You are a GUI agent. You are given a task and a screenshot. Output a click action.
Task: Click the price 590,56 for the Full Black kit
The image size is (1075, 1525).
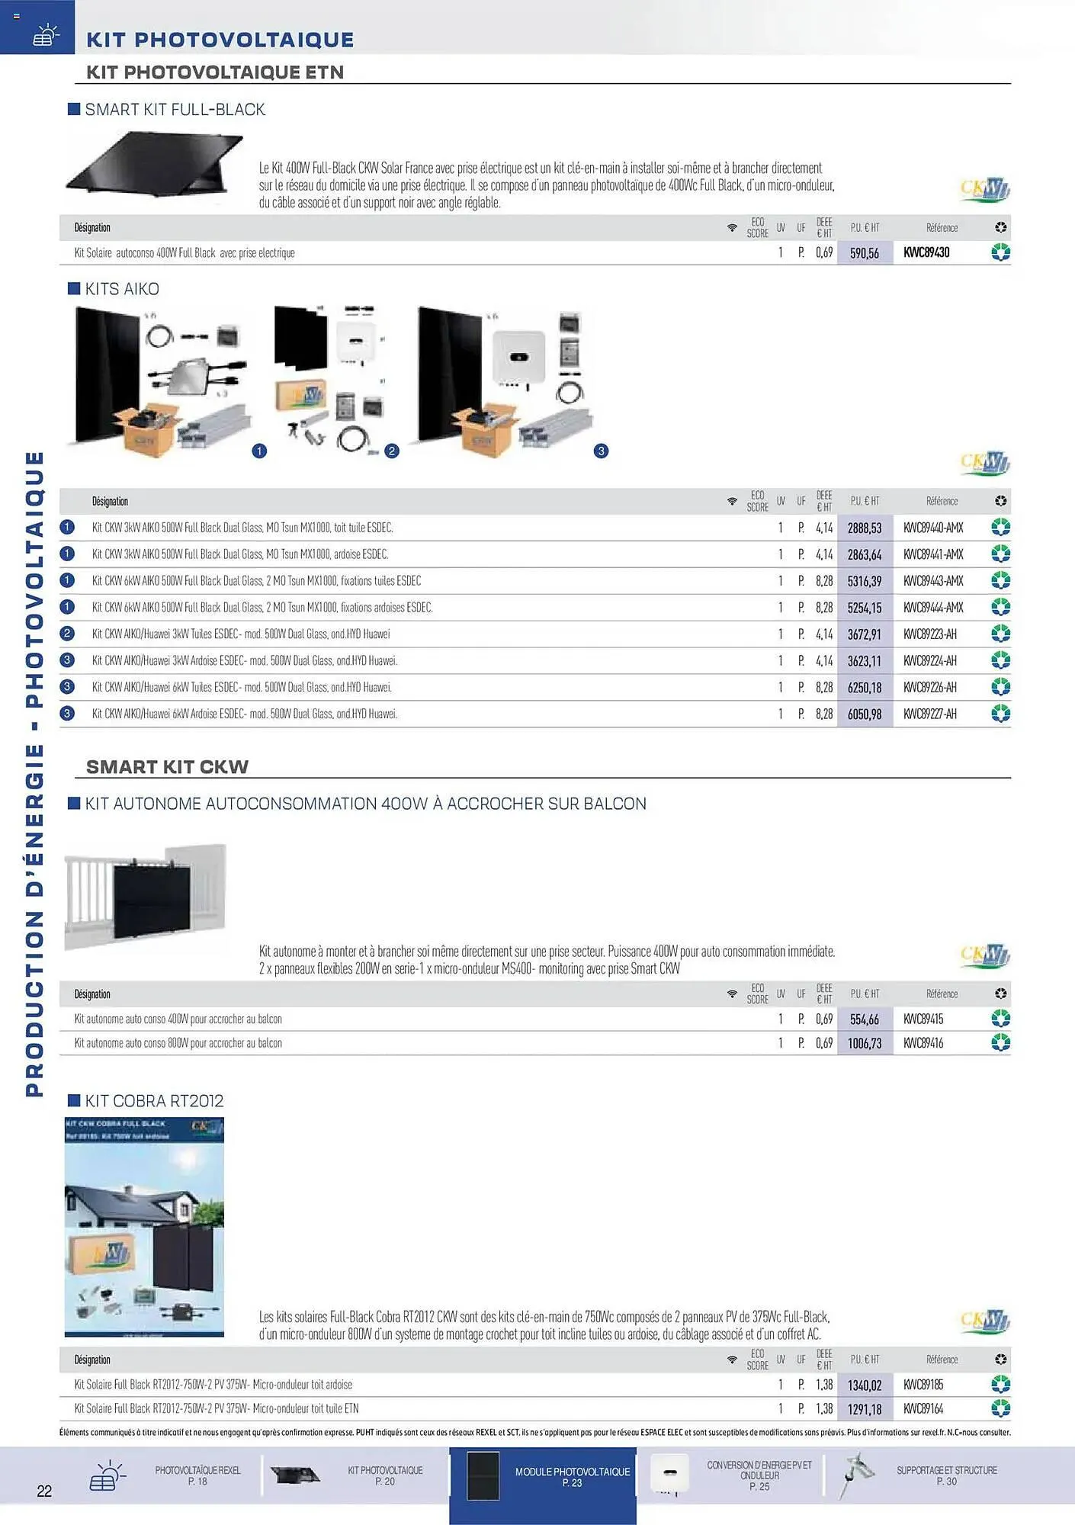(864, 253)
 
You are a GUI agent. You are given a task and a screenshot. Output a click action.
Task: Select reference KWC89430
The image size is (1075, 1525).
(926, 252)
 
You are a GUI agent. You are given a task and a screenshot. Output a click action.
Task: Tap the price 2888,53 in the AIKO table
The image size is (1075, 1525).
(864, 528)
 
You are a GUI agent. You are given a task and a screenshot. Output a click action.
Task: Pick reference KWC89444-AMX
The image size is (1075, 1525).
(933, 608)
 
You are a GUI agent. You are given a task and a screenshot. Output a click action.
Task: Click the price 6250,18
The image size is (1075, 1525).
(864, 688)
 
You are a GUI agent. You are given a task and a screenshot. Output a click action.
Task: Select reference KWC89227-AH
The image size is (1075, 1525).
(929, 714)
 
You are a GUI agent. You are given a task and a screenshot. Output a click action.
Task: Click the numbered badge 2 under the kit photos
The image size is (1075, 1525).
(392, 451)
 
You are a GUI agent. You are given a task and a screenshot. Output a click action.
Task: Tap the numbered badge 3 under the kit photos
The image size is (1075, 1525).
(601, 451)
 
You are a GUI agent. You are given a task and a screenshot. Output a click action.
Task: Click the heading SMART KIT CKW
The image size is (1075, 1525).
(167, 767)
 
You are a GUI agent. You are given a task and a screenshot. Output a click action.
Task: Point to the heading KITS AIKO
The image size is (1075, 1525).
(122, 289)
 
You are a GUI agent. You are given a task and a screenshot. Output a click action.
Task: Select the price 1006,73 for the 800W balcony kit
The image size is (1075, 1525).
(864, 1043)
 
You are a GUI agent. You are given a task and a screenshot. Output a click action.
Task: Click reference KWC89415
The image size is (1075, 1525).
(923, 1019)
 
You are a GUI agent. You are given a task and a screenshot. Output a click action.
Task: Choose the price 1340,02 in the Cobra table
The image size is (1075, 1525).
(864, 1385)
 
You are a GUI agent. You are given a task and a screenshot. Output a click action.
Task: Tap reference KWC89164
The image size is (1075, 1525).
(923, 1409)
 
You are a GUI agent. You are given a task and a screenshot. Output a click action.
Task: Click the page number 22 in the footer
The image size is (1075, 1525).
(44, 1491)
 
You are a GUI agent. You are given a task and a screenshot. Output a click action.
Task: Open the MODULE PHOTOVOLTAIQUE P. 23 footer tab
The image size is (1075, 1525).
(572, 1476)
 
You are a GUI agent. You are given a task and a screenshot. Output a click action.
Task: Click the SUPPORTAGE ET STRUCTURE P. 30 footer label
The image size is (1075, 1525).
(946, 1475)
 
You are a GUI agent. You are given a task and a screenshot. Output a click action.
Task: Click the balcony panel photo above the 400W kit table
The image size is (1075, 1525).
(146, 896)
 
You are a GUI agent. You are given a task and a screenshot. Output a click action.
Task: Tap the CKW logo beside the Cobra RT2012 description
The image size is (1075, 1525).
(984, 1322)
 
